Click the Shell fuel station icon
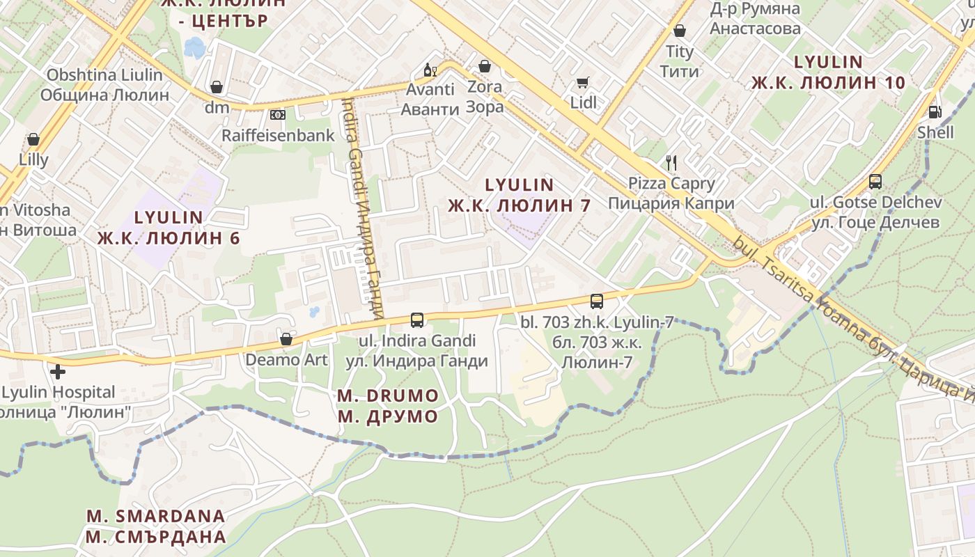coord(935,111)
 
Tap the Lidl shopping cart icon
coord(583,82)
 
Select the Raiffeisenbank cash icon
coord(278,114)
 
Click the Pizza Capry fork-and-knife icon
coord(671,163)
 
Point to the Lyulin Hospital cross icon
coord(58,371)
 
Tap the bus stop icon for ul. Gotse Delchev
coord(875,182)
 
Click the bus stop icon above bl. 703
coord(597,301)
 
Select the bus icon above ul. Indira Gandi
coord(417,320)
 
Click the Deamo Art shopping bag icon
coord(286,339)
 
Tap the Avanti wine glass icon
coord(430,70)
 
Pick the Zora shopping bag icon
coord(485,66)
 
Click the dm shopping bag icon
coord(217,87)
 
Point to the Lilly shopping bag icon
coord(33,139)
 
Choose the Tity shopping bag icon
coord(680,31)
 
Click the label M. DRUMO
coord(388,396)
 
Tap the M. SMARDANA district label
coord(156,516)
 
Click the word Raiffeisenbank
coord(278,135)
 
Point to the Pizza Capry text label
coord(671,184)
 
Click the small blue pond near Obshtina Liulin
coord(195,47)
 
